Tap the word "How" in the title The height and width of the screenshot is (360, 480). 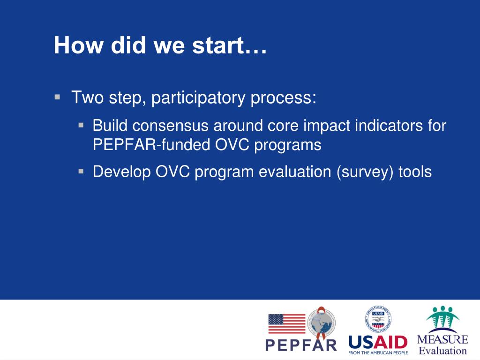click(x=79, y=45)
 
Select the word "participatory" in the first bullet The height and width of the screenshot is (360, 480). click(x=198, y=98)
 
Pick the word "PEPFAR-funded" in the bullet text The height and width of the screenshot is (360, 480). click(x=151, y=144)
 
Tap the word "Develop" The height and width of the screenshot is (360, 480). click(x=121, y=172)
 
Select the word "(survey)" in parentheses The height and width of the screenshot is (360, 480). click(x=365, y=172)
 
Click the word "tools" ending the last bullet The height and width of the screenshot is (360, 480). click(x=415, y=172)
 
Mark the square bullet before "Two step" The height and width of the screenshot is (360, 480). click(x=57, y=97)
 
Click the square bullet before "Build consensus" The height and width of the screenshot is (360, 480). click(x=81, y=125)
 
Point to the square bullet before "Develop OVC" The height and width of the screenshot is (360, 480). click(x=81, y=171)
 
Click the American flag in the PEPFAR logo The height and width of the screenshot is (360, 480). click(x=287, y=323)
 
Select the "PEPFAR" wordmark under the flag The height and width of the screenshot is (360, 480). click(x=301, y=345)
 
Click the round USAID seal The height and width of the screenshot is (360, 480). click(x=378, y=319)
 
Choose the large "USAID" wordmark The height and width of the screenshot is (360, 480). click(x=378, y=342)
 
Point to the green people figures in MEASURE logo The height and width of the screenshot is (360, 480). click(x=442, y=317)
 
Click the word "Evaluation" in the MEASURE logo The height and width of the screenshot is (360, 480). click(x=442, y=350)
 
